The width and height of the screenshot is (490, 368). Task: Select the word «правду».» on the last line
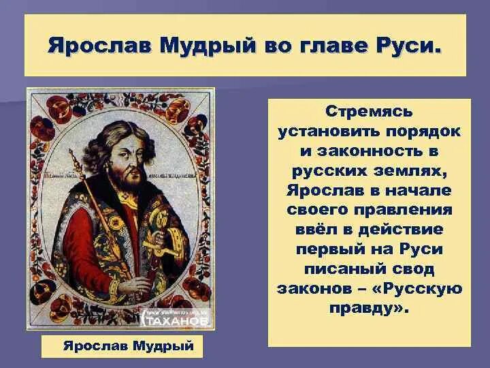pos(370,309)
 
